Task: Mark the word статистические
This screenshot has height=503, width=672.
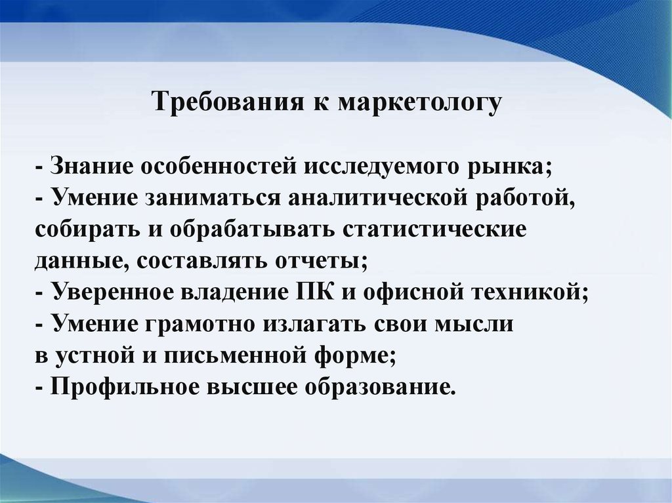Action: (434, 230)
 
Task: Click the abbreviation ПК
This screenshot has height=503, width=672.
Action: (314, 292)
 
